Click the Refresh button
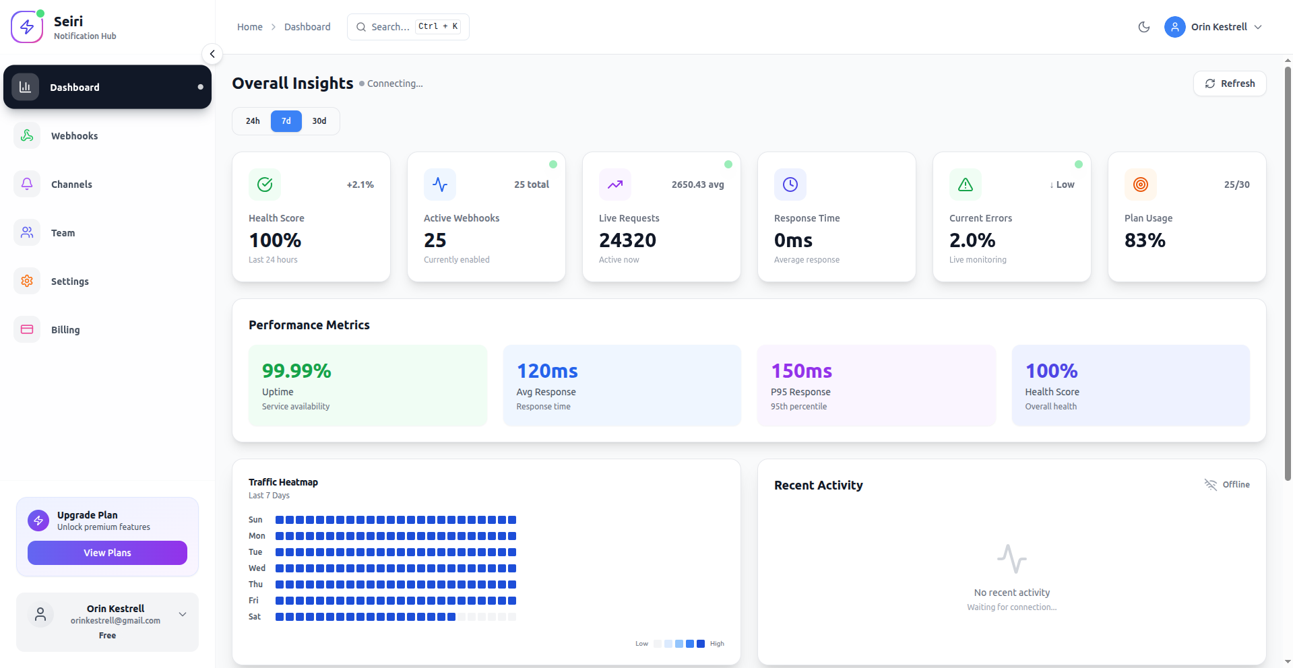coord(1230,83)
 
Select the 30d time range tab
coord(319,121)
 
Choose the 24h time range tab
coord(253,121)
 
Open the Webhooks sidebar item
coord(74,136)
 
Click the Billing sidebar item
coord(65,330)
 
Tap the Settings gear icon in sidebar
coord(27,281)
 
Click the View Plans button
coord(107,553)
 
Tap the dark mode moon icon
coord(1143,27)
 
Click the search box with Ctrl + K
coord(408,27)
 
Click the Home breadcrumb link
coord(249,27)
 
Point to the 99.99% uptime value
coord(296,371)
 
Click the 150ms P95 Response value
coord(801,371)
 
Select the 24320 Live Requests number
coord(627,240)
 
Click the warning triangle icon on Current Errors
coord(965,185)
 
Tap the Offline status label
coord(1236,485)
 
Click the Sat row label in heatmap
coord(255,617)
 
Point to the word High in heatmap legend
coord(717,644)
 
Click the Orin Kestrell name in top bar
coord(1219,27)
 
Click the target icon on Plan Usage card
coord(1140,185)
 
